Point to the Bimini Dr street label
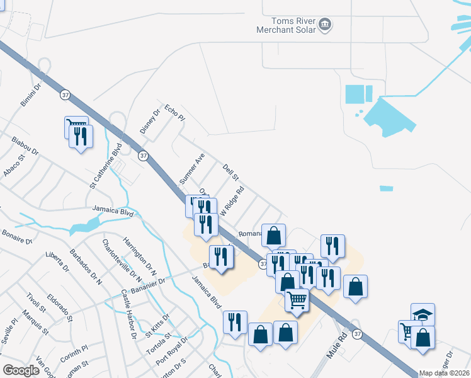(31, 93)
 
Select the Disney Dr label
(147, 122)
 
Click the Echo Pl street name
(174, 113)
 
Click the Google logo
(21, 370)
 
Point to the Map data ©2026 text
(443, 373)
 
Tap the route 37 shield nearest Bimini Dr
(65, 94)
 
